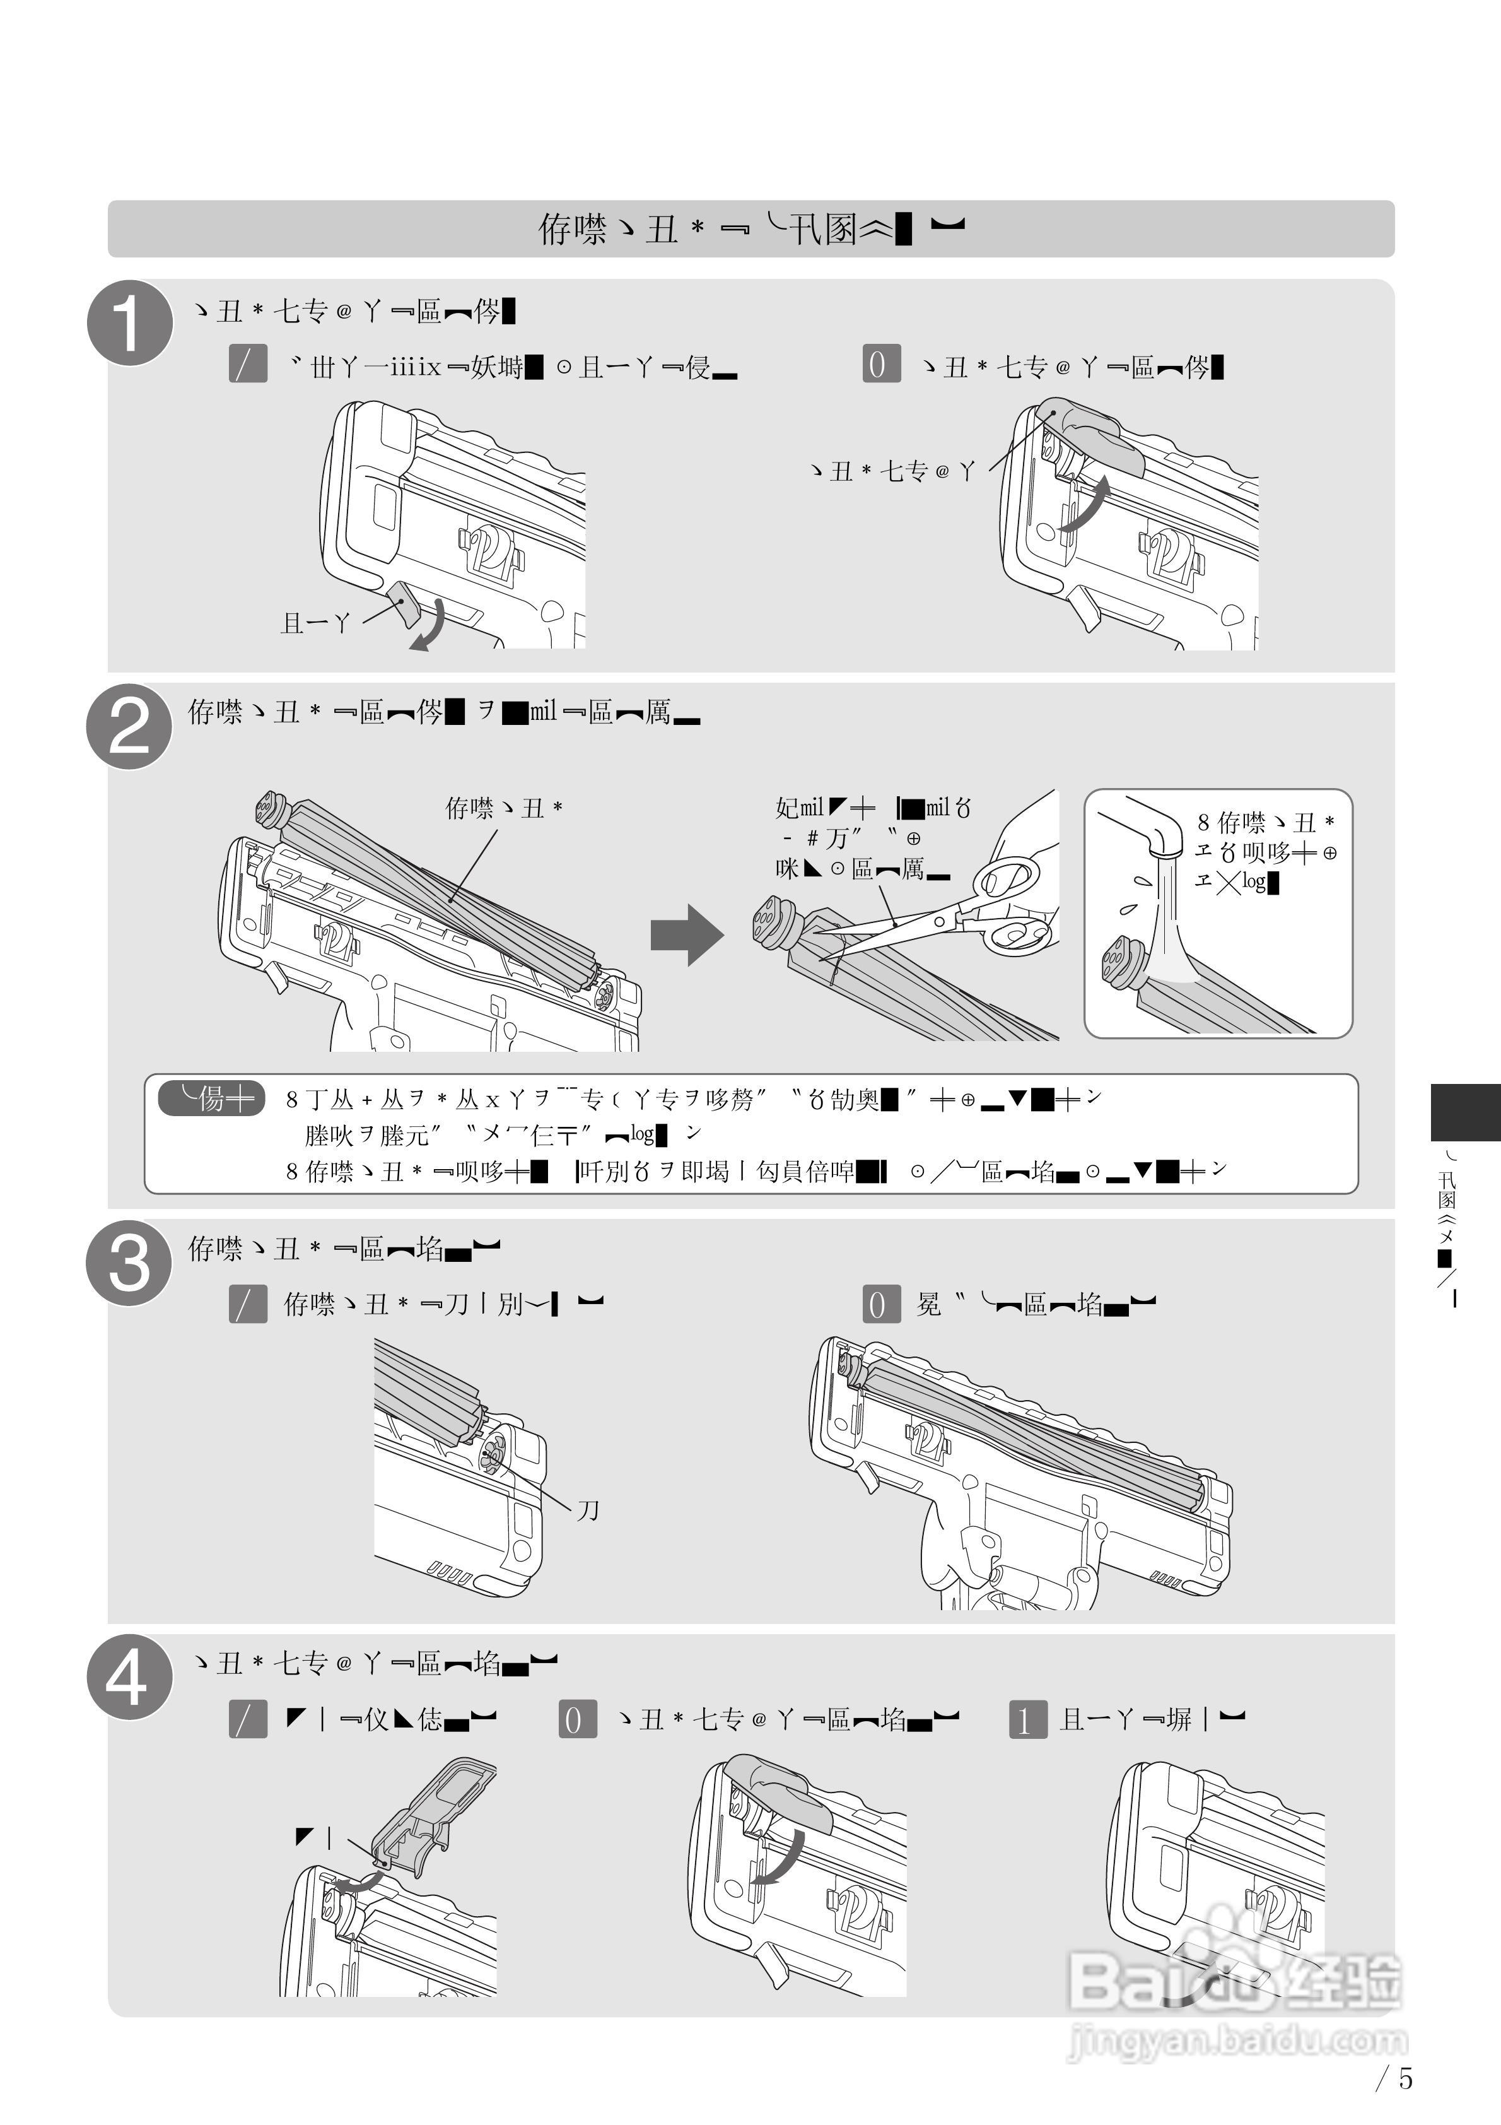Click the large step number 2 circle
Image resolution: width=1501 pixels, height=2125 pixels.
click(129, 727)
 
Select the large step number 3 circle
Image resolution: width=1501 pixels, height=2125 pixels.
click(129, 1263)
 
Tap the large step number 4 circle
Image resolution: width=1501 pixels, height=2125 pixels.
click(129, 1677)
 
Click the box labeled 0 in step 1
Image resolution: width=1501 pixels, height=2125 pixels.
click(880, 363)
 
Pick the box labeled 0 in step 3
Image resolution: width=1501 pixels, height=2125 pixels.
click(880, 1305)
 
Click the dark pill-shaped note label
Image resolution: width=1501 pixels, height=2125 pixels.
click(212, 1098)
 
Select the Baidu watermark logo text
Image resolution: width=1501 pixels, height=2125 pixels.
click(1235, 1981)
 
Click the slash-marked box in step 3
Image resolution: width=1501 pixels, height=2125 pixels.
click(248, 1305)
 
